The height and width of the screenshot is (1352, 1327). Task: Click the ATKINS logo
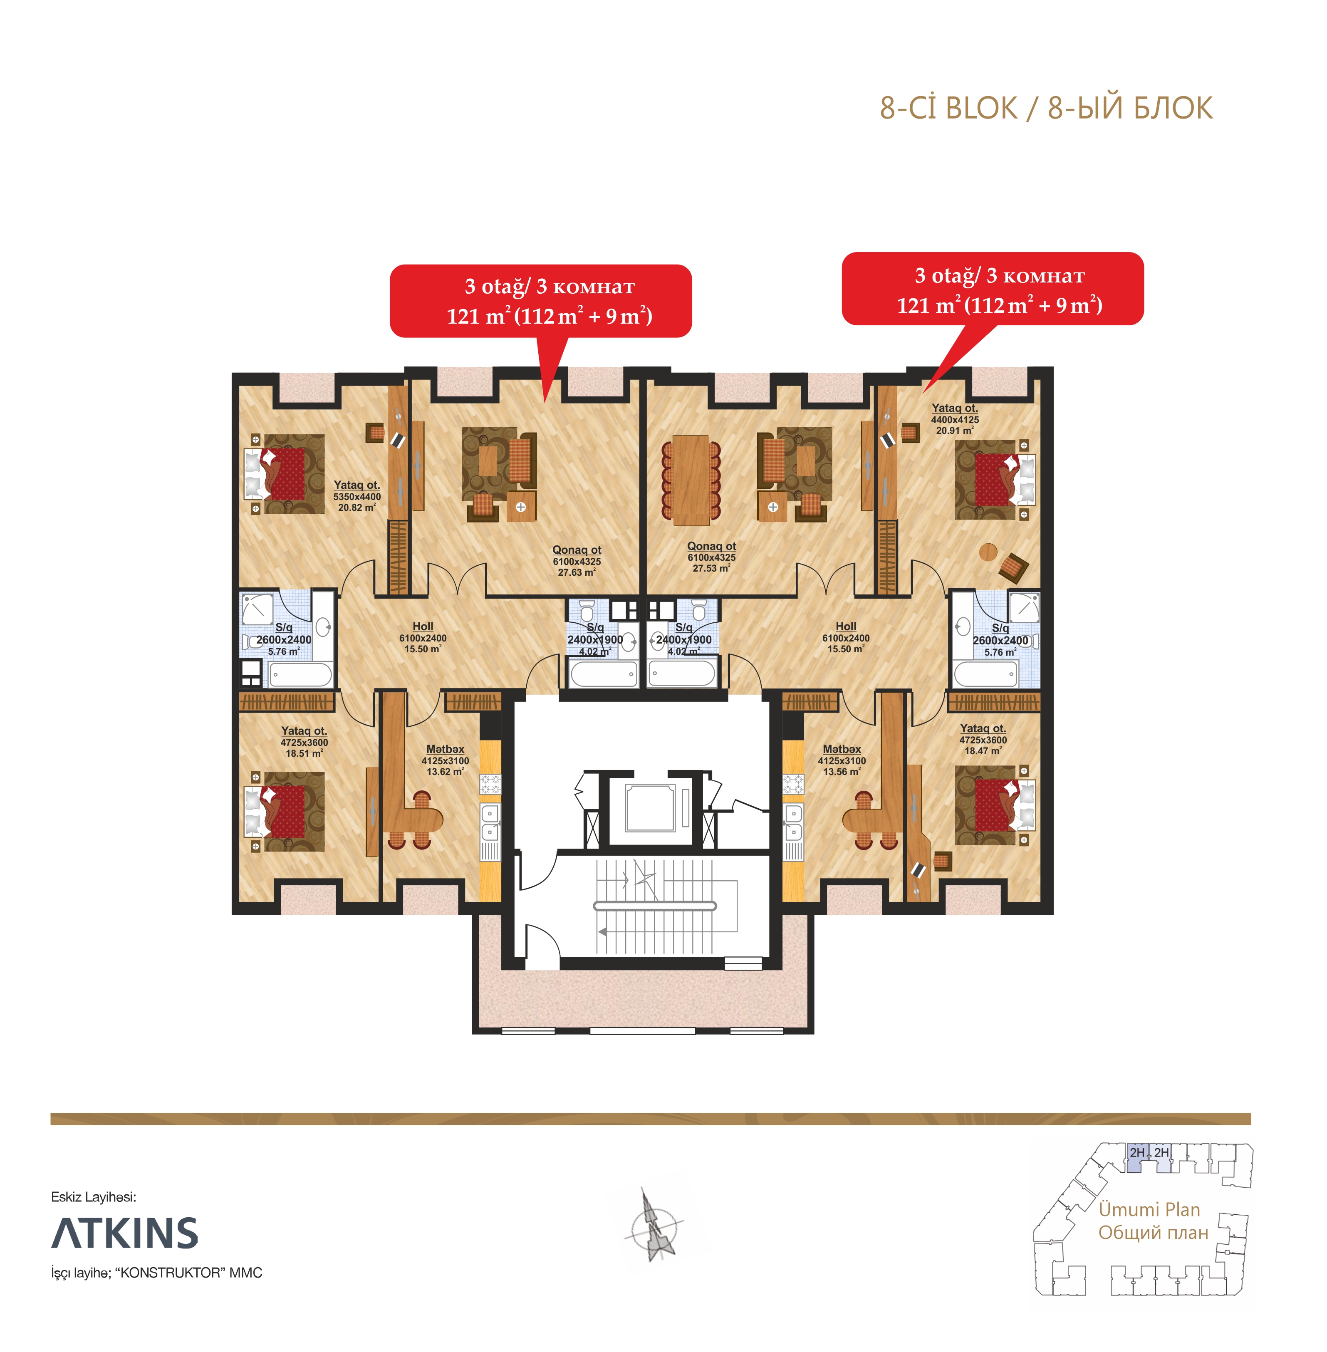point(125,1233)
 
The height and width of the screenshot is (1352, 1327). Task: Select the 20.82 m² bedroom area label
point(357,496)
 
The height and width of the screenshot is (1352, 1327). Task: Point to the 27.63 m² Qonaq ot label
point(577,561)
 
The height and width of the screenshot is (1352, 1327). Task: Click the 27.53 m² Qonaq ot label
point(712,557)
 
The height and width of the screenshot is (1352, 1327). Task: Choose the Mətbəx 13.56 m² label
point(842,760)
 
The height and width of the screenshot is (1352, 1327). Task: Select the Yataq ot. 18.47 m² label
point(983,739)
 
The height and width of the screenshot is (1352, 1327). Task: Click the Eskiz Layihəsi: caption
point(94,1196)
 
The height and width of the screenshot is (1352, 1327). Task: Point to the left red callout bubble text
point(549,301)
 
